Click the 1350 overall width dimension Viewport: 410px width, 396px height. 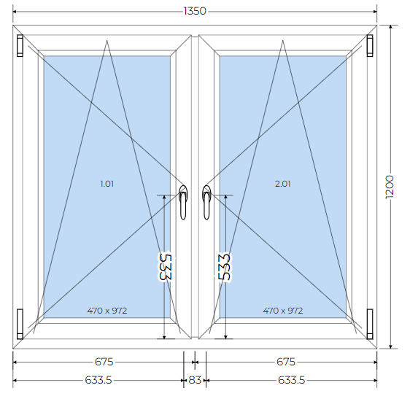[195, 11]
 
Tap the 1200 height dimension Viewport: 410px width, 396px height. [390, 187]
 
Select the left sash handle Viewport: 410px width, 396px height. [183, 203]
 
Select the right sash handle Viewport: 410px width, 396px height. [206, 203]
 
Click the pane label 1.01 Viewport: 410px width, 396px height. [107, 184]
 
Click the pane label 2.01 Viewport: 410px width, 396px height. [282, 184]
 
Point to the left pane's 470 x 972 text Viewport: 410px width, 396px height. [107, 311]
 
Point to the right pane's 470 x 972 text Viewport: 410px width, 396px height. [283, 311]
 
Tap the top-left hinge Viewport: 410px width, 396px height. [20, 45]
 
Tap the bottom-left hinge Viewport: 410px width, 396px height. [20, 324]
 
